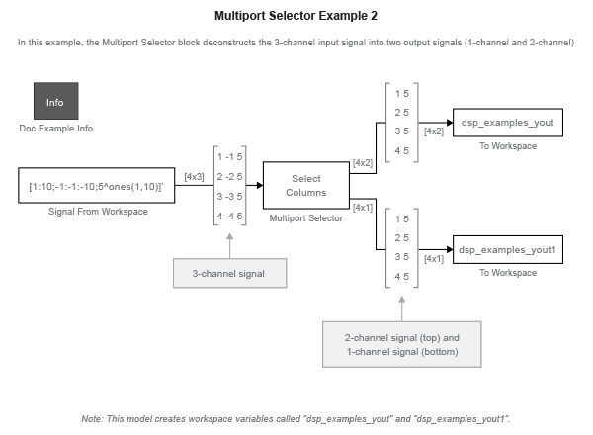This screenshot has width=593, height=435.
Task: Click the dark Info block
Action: tap(56, 101)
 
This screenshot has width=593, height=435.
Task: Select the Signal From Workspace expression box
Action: tap(97, 185)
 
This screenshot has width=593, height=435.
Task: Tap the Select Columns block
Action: tap(306, 185)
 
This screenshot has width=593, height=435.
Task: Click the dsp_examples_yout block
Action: tap(508, 123)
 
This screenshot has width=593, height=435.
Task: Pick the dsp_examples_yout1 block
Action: tap(508, 250)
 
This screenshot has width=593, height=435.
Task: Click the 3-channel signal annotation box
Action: tap(229, 273)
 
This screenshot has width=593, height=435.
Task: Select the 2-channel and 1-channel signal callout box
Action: tap(401, 344)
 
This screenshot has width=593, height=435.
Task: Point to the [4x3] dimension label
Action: tap(194, 177)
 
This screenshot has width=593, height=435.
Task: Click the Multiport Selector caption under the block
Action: tap(306, 218)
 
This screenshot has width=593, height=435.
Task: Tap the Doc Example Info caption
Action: tap(56, 129)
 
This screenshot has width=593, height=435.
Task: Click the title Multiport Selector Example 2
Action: tap(296, 16)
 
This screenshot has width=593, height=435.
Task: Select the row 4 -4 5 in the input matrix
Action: tap(229, 216)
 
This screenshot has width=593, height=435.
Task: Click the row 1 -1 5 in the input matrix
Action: tap(229, 156)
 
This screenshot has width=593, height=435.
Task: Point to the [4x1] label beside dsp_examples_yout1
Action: tap(434, 259)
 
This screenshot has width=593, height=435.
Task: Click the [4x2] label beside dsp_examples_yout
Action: tap(434, 131)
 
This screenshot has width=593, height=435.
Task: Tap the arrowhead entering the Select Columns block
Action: tap(260, 185)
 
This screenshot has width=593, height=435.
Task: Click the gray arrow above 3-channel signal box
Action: tap(229, 246)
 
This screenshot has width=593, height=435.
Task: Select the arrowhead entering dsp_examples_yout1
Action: tap(450, 250)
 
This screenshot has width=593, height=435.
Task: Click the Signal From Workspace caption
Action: tap(98, 212)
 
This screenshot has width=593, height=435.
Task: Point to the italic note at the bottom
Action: tap(296, 419)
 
